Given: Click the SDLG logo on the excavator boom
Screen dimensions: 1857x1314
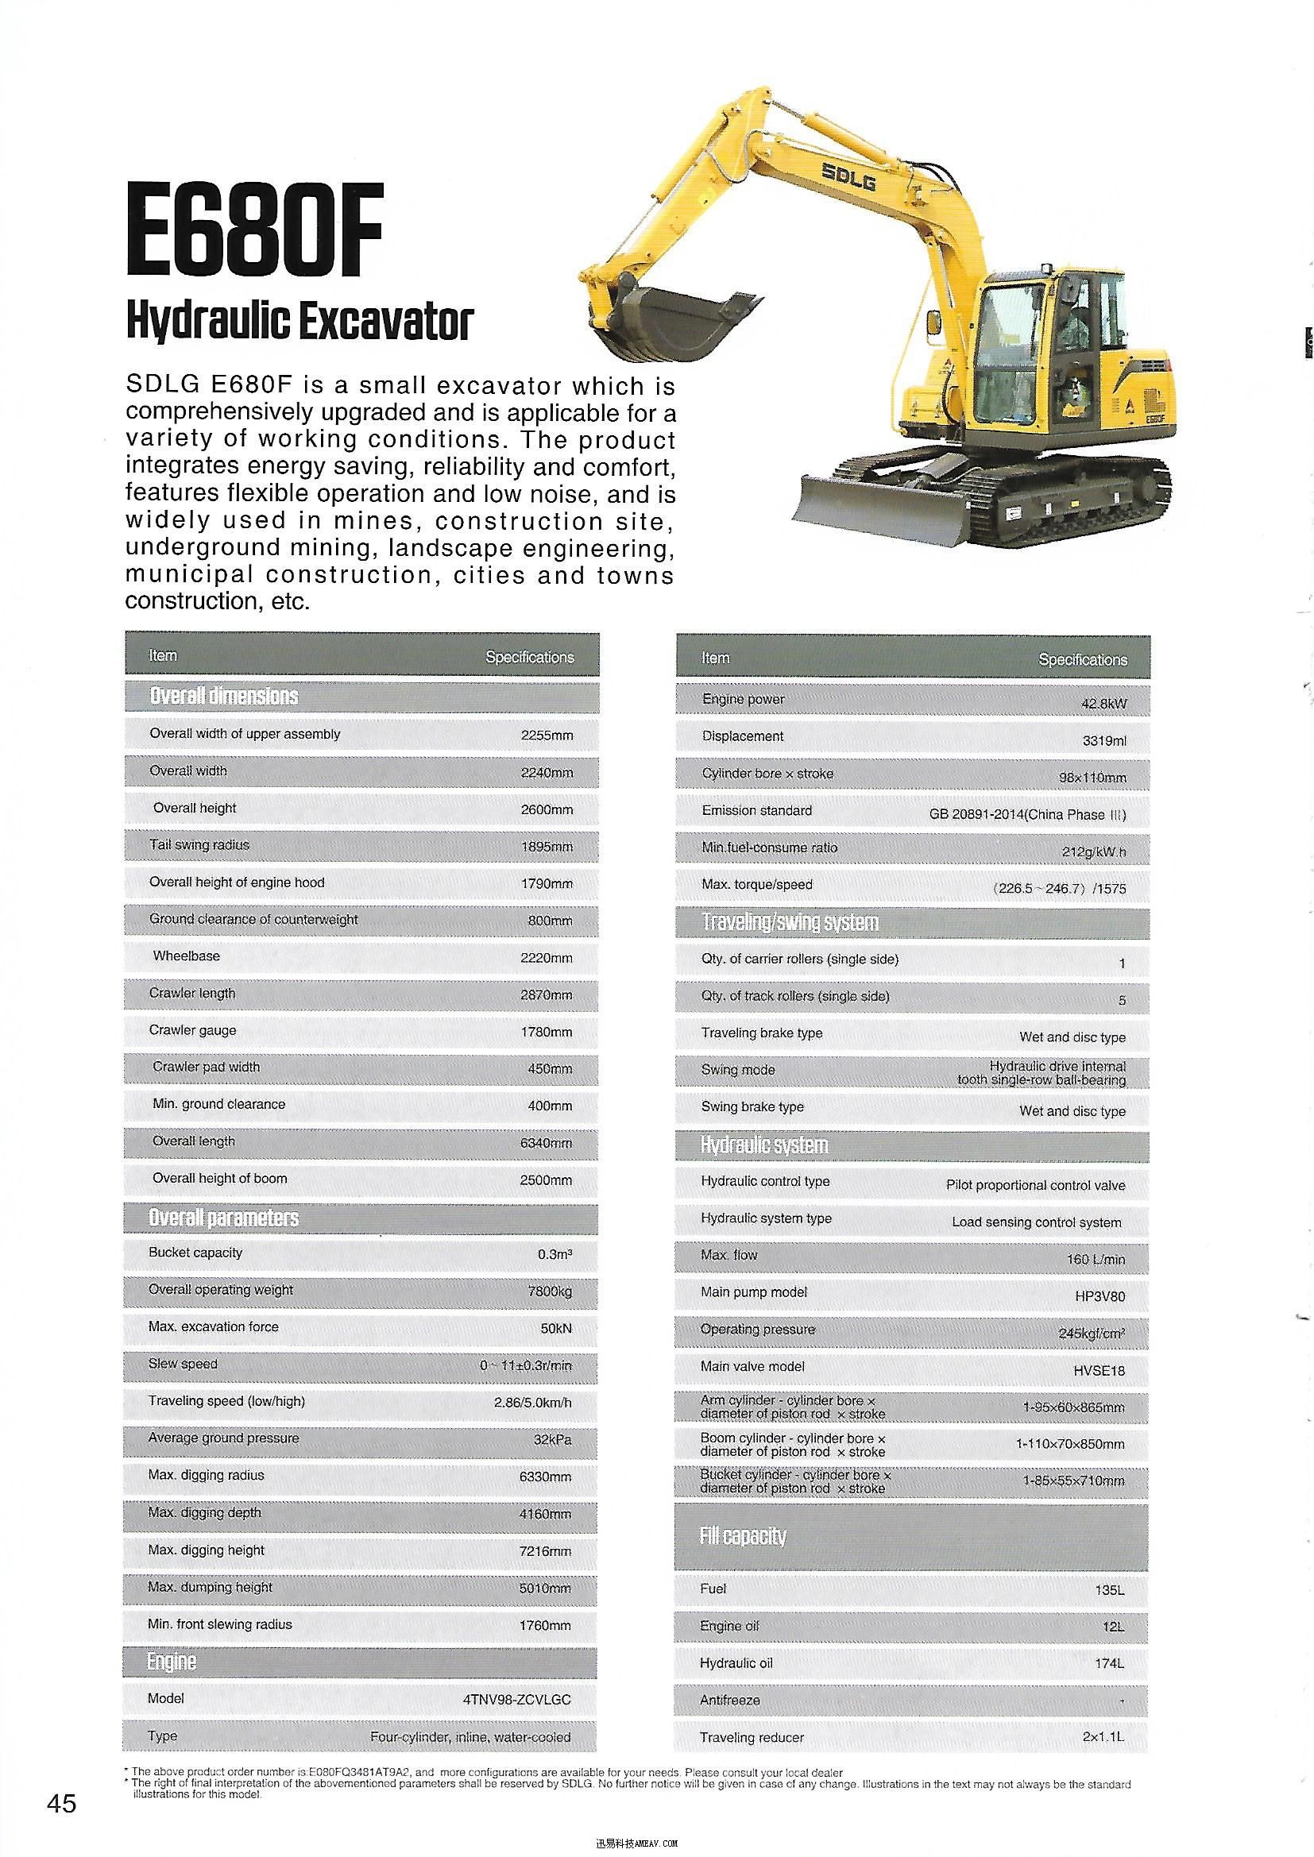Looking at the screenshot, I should [848, 176].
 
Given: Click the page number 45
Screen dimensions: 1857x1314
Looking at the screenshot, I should [61, 1804].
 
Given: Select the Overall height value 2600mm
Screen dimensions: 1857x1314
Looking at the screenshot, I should [546, 809].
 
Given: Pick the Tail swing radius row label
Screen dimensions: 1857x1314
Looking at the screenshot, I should [199, 844].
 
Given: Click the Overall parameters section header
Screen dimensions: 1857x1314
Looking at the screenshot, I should [223, 1218].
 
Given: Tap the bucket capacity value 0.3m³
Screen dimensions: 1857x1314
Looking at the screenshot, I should [555, 1254].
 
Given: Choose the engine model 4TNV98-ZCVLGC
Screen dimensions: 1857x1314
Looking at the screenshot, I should [516, 1700].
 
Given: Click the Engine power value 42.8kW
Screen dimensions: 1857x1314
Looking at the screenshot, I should [1103, 704].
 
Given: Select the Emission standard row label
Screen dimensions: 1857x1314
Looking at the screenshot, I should [756, 810].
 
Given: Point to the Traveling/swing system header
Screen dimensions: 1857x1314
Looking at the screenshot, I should [790, 922].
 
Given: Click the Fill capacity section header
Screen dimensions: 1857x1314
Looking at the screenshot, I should [743, 1536].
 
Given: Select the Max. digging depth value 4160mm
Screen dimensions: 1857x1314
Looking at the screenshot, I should [545, 1514].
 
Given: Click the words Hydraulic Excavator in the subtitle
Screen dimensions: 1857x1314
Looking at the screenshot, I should [299, 321].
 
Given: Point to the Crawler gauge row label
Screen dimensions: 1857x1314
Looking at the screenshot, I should [192, 1030].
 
